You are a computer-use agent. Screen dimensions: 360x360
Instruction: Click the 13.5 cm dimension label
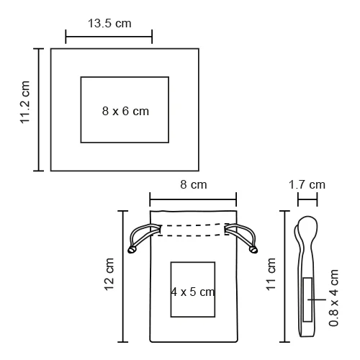109,24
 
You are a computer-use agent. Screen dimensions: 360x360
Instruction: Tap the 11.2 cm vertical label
24,102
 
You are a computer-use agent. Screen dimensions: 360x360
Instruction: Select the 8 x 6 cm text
125,111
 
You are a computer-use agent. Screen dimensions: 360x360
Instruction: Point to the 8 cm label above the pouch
194,184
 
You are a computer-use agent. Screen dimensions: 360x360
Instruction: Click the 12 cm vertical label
109,274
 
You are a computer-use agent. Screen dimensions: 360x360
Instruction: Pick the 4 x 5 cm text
193,292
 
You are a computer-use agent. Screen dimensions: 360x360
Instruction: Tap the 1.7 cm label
307,185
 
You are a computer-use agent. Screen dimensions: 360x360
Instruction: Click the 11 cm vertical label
271,274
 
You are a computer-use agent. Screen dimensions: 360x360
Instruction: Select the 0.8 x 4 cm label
333,298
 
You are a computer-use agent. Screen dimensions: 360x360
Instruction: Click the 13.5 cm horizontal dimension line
109,37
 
